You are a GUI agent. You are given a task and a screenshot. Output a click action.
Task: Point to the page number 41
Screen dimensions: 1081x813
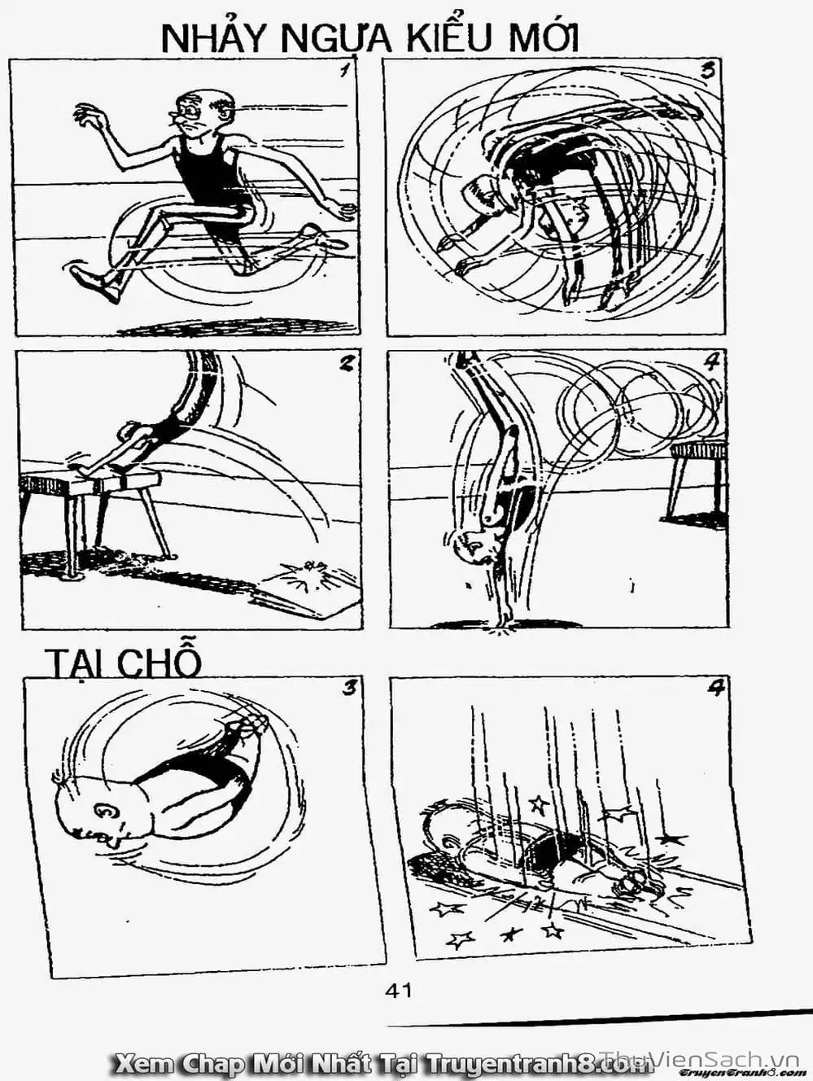(398, 990)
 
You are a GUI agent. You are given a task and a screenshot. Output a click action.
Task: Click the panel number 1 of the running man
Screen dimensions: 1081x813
(347, 72)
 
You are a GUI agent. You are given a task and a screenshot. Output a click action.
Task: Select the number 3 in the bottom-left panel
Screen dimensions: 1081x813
(348, 689)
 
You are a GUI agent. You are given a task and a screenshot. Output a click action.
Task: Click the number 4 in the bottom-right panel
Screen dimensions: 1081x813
(715, 689)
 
